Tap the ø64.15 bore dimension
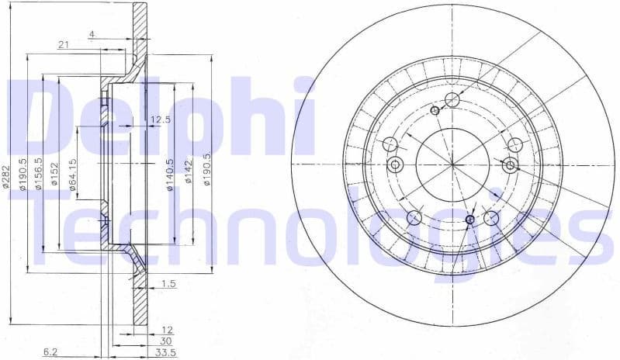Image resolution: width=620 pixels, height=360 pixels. (x=72, y=179)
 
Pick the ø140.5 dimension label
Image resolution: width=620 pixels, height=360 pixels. (x=170, y=178)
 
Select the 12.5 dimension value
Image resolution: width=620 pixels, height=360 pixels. (x=160, y=119)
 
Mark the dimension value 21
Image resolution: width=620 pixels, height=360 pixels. (x=63, y=45)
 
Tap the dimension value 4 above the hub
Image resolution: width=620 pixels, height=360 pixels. (x=92, y=34)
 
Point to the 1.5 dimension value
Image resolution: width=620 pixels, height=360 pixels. (x=169, y=284)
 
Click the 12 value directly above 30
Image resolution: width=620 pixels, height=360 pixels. (x=168, y=331)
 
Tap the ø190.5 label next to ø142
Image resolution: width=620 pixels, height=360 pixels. (x=206, y=169)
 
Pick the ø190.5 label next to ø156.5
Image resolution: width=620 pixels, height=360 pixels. (x=23, y=172)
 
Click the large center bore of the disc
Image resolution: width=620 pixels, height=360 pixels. (x=452, y=163)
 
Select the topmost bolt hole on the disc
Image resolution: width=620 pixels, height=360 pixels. (x=453, y=99)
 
